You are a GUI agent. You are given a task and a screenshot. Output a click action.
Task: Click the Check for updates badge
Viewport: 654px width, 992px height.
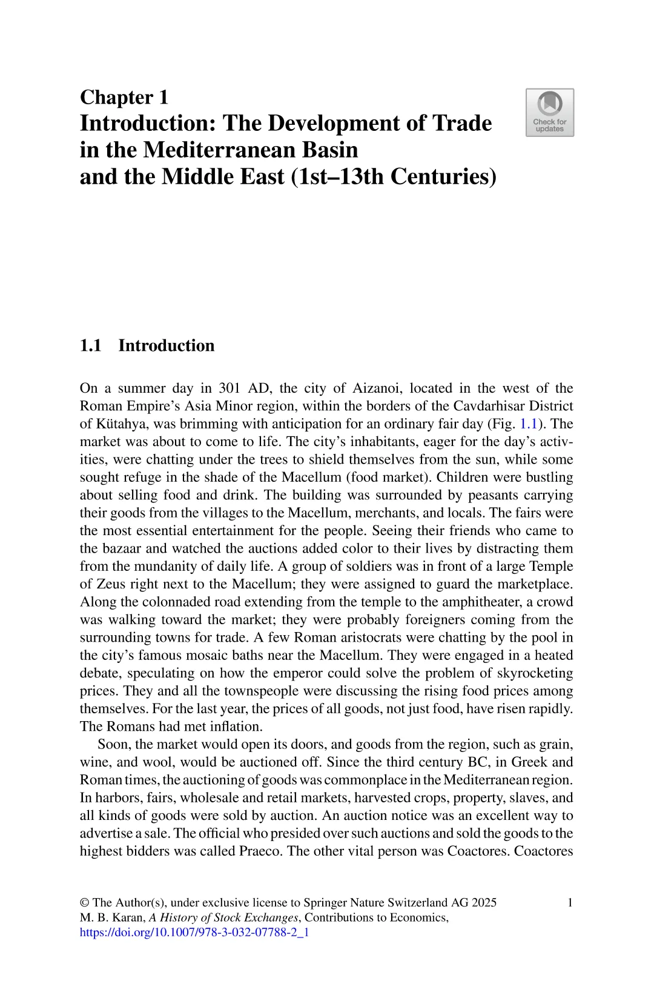pyautogui.click(x=549, y=113)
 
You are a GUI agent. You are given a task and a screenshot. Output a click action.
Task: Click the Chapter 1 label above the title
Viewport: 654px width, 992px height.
pyautogui.click(x=124, y=97)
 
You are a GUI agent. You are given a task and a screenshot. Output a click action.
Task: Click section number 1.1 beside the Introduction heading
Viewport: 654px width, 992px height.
pyautogui.click(x=90, y=345)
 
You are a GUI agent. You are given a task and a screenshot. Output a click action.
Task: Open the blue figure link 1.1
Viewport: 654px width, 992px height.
pyautogui.click(x=529, y=424)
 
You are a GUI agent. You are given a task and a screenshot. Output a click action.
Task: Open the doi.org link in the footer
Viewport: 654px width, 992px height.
pyautogui.click(x=194, y=933)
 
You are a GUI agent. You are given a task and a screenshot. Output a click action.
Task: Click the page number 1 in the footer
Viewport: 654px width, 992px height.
pyautogui.click(x=570, y=902)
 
